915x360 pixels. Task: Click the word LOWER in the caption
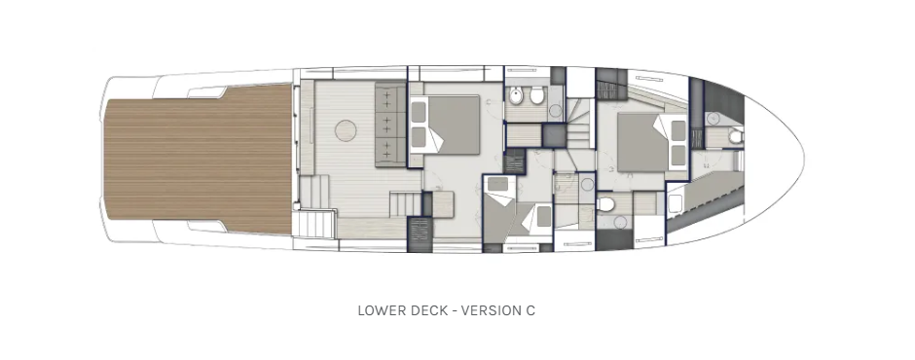point(378,310)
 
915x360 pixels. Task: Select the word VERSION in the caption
point(488,310)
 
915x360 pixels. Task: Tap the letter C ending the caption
point(530,310)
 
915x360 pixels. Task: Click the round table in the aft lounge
point(346,130)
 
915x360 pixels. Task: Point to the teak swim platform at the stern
point(199,159)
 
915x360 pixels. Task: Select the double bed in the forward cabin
point(651,142)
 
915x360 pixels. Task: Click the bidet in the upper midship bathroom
point(516,96)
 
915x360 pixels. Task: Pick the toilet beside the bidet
point(537,96)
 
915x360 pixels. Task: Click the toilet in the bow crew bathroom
point(735,136)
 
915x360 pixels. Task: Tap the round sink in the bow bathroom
point(713,119)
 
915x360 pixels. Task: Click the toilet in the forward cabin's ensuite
point(606,203)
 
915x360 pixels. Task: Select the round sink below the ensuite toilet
point(620,222)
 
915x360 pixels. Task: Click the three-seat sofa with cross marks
point(389,125)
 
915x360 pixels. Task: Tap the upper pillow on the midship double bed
point(418,112)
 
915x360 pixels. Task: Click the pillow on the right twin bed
point(543,216)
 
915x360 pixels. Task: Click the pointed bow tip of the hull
point(804,159)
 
